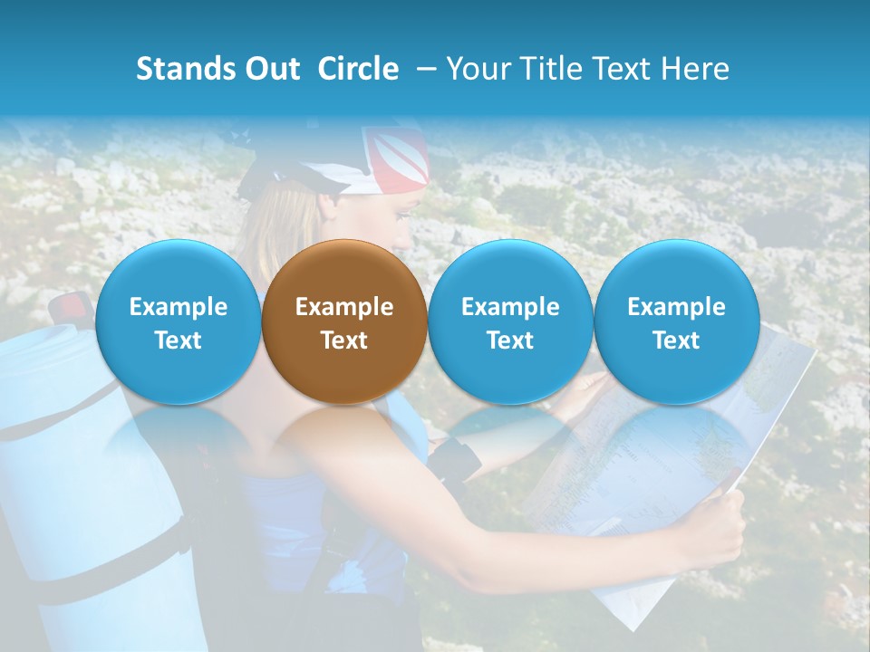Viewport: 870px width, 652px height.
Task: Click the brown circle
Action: click(x=344, y=321)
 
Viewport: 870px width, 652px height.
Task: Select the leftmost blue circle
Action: click(x=178, y=321)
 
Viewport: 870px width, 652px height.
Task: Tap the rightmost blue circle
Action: click(x=676, y=321)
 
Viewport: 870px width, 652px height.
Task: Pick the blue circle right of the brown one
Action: click(x=510, y=321)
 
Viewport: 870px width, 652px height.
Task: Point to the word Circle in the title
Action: click(x=358, y=69)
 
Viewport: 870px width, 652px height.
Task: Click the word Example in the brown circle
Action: click(x=344, y=307)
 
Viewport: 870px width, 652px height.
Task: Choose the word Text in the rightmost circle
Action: click(x=676, y=340)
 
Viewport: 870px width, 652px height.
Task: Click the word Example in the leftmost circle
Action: click(x=178, y=307)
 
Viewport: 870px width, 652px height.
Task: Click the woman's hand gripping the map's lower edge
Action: click(x=716, y=534)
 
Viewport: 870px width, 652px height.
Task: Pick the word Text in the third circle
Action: click(x=510, y=340)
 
